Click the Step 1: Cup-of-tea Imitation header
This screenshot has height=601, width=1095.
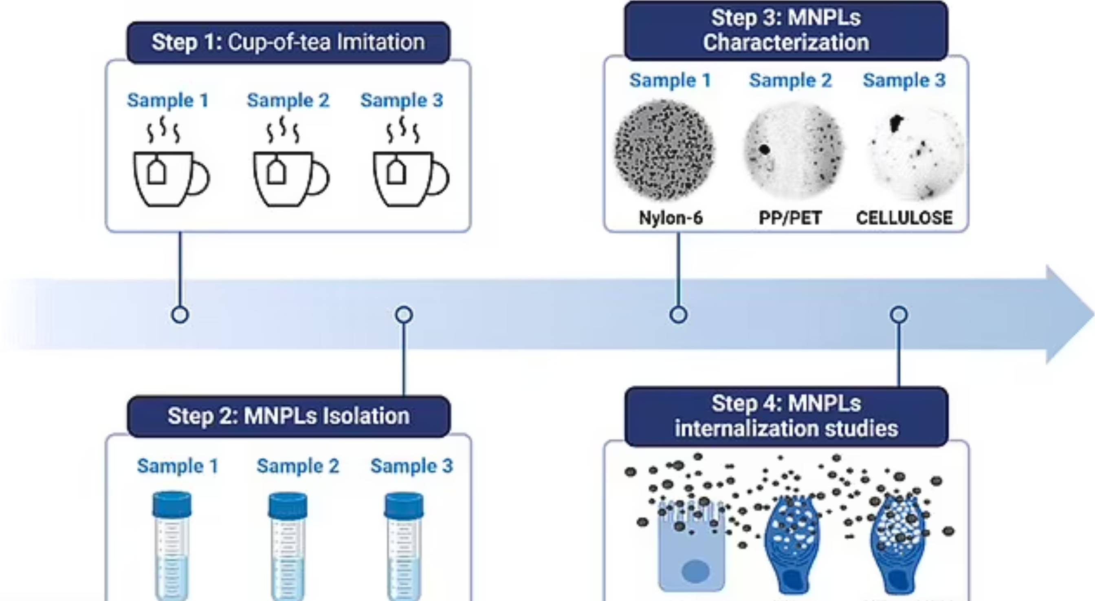point(288,42)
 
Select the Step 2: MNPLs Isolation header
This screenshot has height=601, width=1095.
point(288,416)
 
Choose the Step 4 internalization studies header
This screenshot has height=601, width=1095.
point(786,416)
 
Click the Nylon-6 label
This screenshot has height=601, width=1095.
point(671,218)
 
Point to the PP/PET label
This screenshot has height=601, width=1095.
point(790,218)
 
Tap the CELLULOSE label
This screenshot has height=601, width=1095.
point(904,218)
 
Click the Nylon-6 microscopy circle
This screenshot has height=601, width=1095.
point(664,150)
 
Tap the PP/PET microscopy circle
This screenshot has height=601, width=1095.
point(793,150)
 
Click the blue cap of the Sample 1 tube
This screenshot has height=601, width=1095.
point(172,504)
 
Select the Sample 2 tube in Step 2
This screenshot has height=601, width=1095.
point(288,549)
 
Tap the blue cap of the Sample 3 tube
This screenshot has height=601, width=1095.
point(404,504)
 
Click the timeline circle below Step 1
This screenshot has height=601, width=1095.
point(180,315)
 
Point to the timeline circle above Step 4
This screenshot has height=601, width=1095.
point(899,315)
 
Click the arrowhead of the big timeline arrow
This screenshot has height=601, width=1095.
point(1067,315)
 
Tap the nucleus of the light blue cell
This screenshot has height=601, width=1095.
point(695,571)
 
